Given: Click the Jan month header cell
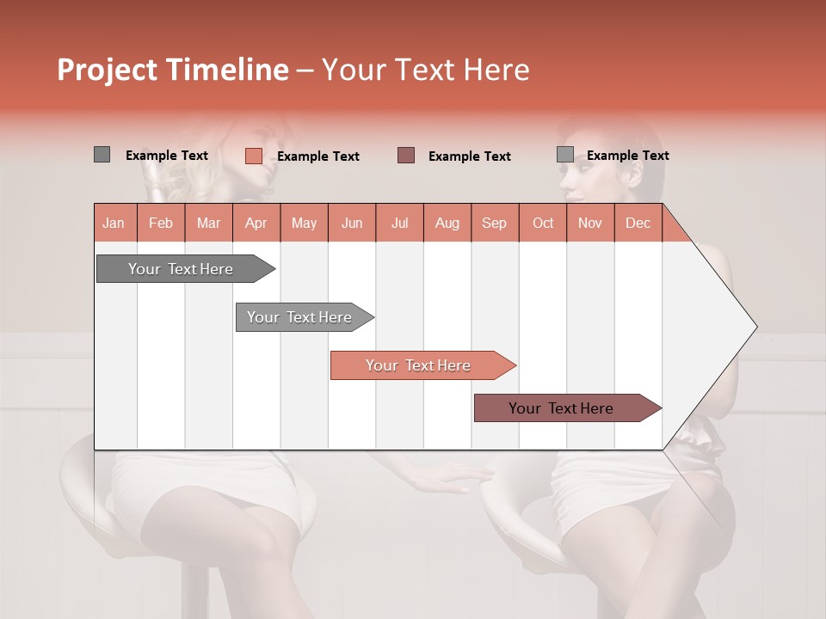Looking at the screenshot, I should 114,223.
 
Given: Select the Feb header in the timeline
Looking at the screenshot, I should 161,223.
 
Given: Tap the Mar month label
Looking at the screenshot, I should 208,223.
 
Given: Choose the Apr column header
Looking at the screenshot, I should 256,223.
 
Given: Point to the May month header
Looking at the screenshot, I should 304,223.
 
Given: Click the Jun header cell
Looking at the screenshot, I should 352,223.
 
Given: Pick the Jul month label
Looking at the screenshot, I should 399,223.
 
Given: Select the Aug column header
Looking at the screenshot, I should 447,223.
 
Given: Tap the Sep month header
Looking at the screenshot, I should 495,223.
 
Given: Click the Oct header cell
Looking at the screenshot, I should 543,223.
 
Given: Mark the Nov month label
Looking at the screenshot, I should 590,223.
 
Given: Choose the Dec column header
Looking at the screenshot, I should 638,223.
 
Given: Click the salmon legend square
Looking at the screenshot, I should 253,156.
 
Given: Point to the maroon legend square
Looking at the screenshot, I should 406,155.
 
